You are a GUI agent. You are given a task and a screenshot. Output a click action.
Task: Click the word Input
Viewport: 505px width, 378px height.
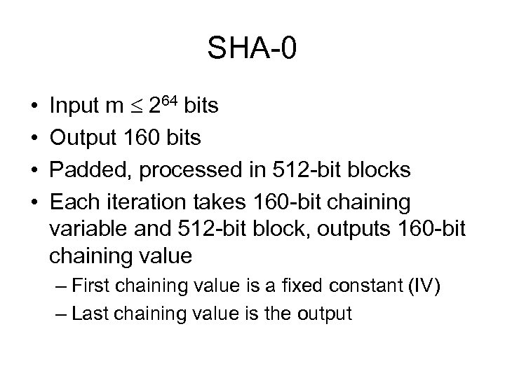pos(74,106)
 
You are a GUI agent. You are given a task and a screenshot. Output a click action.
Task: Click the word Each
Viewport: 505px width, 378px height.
pos(74,202)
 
